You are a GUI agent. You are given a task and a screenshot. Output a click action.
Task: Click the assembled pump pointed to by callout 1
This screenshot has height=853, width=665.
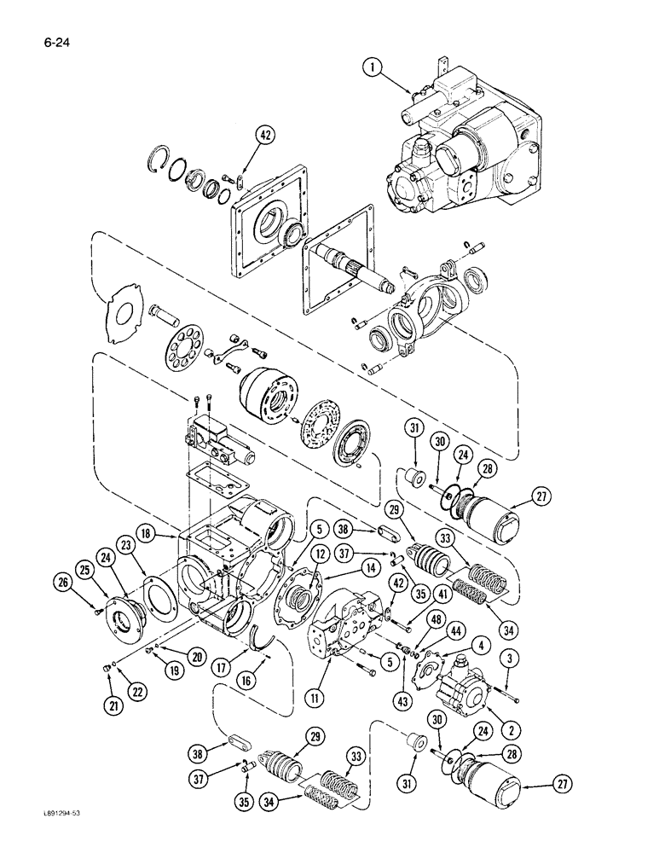coord(469,145)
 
